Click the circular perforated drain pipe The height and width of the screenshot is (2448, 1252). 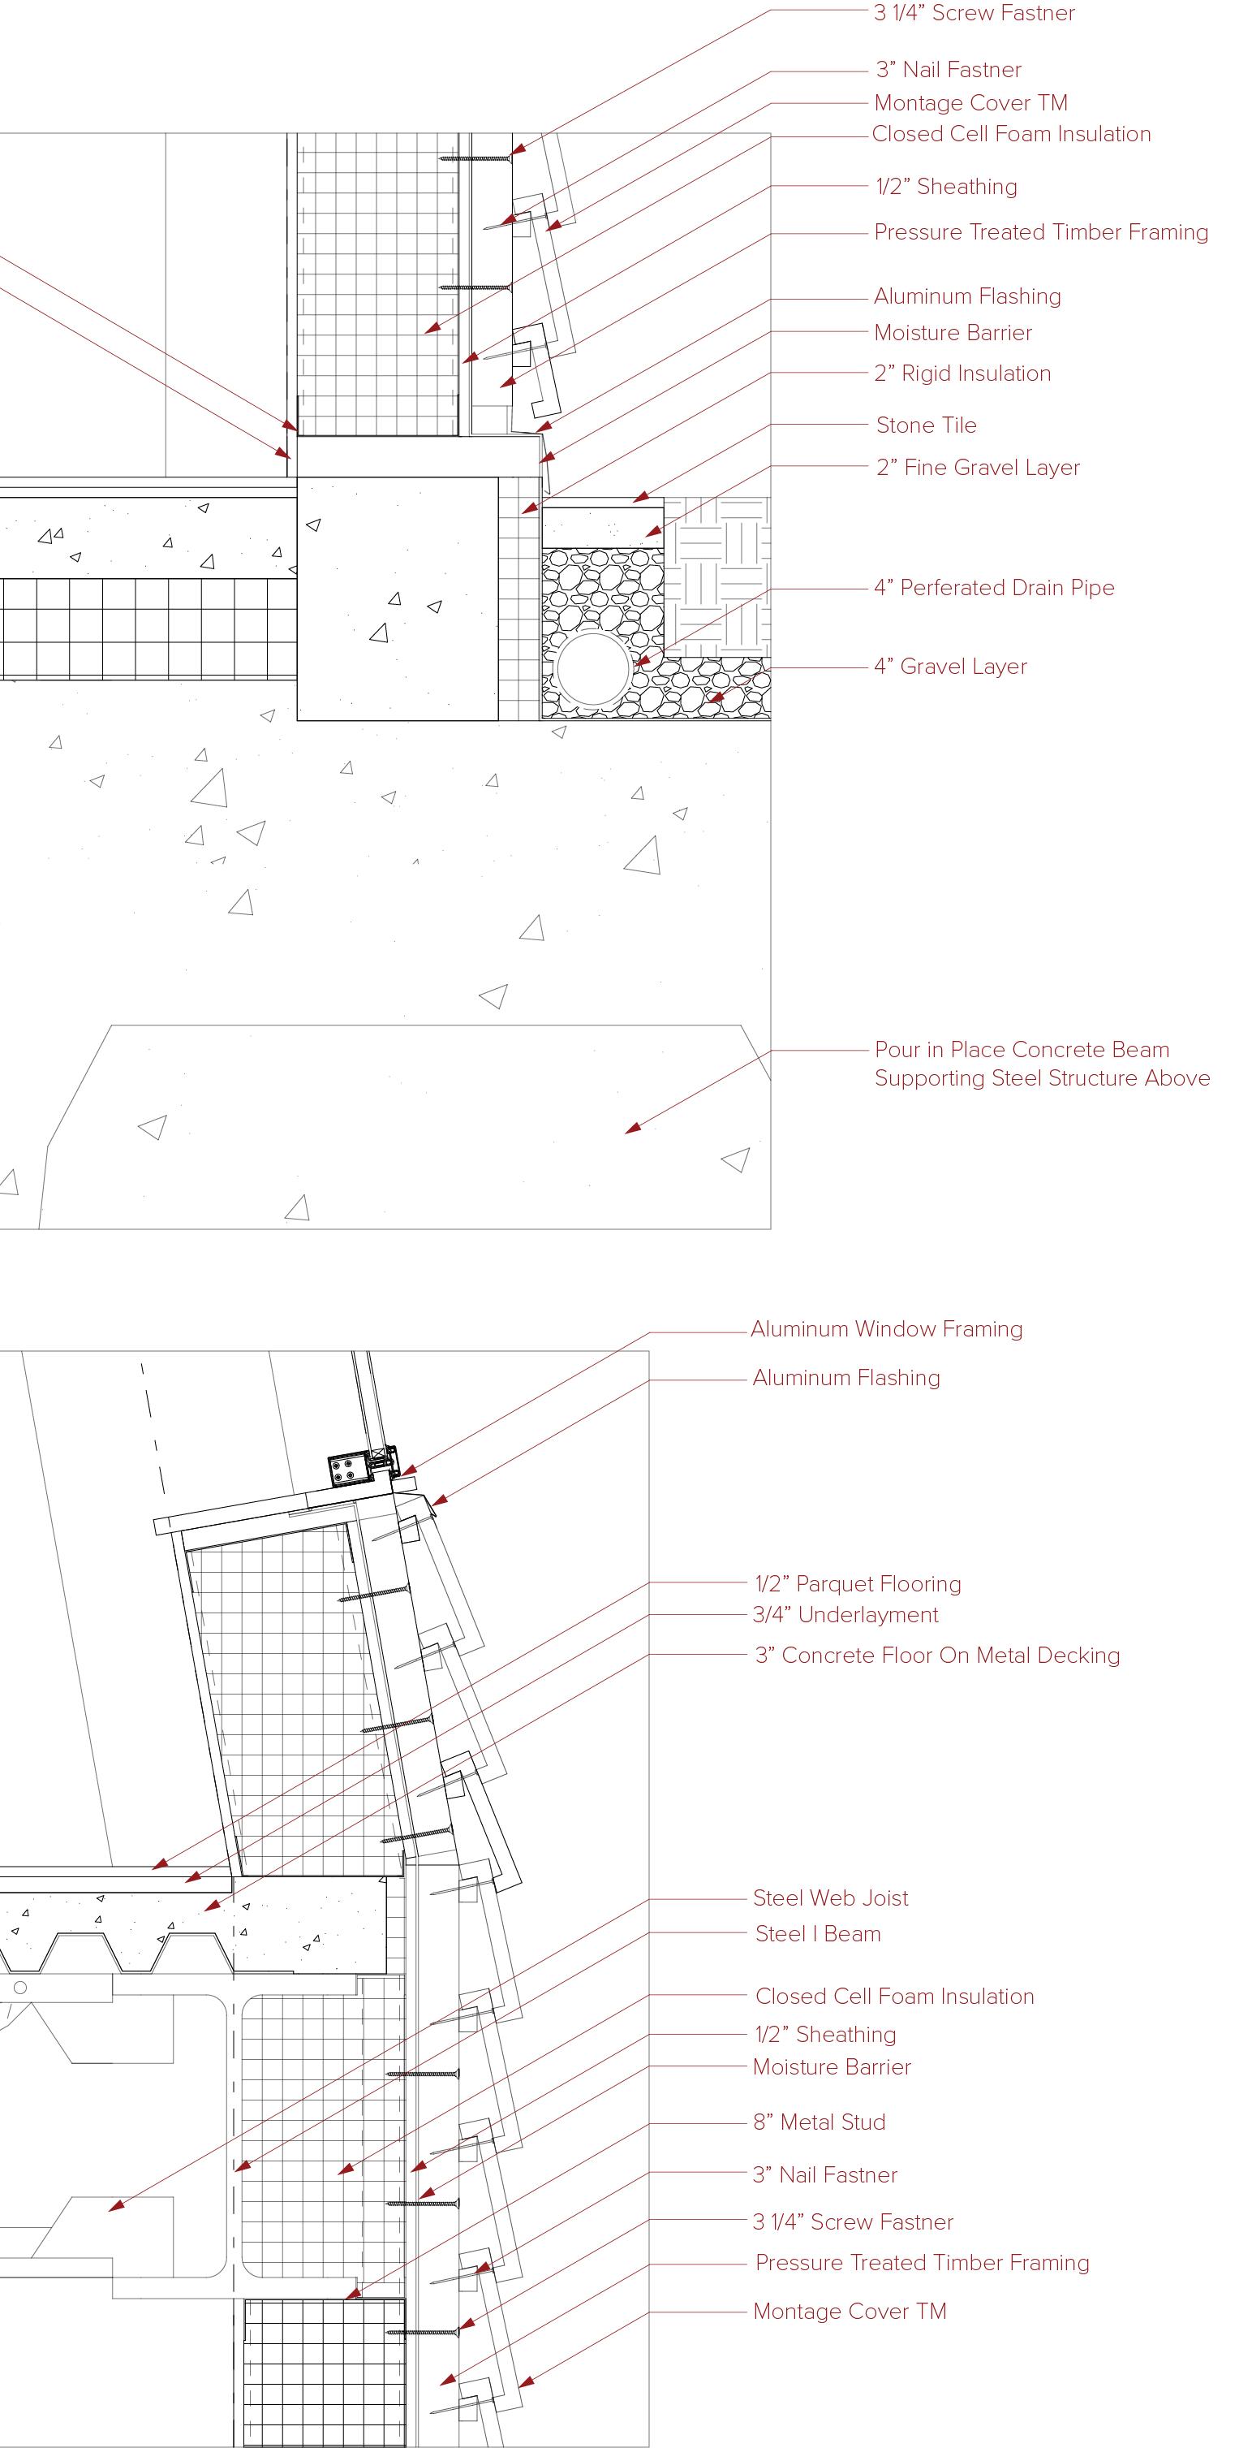594,669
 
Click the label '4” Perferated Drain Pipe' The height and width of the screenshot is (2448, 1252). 994,588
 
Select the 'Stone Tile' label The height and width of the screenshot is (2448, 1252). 926,425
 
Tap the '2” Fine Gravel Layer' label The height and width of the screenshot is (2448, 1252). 978,468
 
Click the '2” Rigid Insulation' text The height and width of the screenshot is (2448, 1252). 962,373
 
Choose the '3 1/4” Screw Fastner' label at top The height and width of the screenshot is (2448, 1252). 974,13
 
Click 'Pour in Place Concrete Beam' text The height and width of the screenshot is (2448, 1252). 1022,1050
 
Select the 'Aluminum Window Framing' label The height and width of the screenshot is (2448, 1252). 886,1329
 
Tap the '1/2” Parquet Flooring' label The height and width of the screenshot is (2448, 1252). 858,1584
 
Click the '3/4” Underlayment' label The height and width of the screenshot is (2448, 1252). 845,1616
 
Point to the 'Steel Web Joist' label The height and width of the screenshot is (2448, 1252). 830,1898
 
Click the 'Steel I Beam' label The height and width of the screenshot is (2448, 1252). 818,1935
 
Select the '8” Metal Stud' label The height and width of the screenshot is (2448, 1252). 819,2123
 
